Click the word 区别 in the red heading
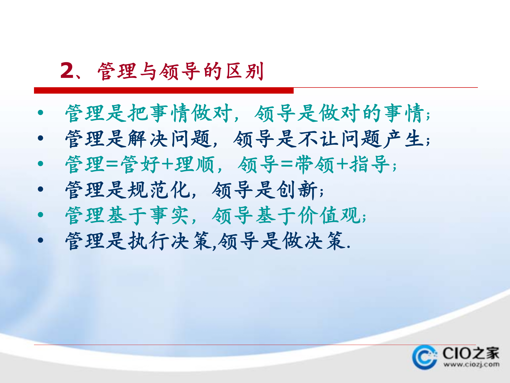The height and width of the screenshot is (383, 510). click(x=245, y=71)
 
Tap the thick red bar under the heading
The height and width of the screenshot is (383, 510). click(x=164, y=90)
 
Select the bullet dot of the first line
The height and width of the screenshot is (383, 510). click(x=40, y=113)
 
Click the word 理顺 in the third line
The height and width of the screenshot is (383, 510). click(x=194, y=164)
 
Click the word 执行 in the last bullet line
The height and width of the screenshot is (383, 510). click(x=149, y=241)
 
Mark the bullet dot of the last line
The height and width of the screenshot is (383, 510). click(x=40, y=240)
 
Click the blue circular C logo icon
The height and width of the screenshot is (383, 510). click(x=424, y=357)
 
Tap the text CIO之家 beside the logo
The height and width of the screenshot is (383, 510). click(x=471, y=353)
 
